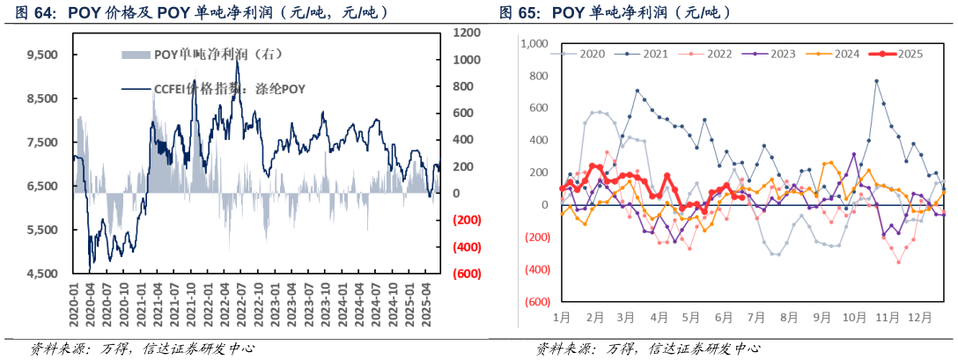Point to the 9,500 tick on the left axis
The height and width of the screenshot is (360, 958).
click(42, 55)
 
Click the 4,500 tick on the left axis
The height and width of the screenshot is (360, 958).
click(42, 274)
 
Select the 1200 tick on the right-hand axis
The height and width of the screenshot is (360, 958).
click(466, 33)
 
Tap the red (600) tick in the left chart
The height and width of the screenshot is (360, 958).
click(466, 274)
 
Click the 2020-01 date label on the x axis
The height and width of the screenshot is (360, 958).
click(76, 307)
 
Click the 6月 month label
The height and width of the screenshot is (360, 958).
click(724, 316)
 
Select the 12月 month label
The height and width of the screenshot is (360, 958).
click(921, 316)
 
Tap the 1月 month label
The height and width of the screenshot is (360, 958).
click(562, 316)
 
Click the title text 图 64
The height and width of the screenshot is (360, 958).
click(30, 12)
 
